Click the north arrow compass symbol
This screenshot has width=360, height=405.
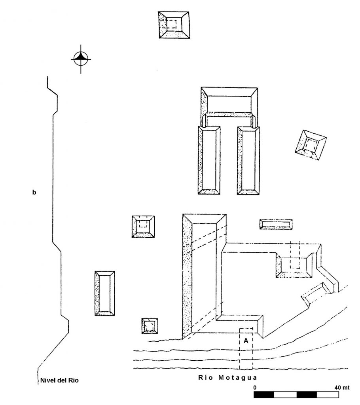[x=81, y=59]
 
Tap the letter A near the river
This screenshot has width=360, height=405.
[x=246, y=341]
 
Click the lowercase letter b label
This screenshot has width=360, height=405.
[x=34, y=192]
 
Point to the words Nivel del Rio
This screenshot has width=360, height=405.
[x=59, y=380]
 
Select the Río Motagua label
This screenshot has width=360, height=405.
[x=228, y=378]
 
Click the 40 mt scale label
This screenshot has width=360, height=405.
[x=342, y=388]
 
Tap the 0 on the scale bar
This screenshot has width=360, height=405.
[x=255, y=388]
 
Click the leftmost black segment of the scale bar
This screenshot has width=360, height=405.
[x=263, y=394]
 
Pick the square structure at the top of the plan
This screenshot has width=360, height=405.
[x=174, y=25]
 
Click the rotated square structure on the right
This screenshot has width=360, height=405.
[x=311, y=145]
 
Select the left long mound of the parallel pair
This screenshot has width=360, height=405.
[x=209, y=160]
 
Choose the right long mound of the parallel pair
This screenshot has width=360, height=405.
[x=248, y=160]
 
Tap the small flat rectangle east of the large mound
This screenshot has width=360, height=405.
[x=276, y=224]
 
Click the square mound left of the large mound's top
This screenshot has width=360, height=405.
[x=143, y=227]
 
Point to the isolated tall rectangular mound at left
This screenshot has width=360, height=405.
[x=105, y=293]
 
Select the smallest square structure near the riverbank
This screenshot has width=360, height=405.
[x=150, y=326]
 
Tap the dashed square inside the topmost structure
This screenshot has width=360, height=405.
[x=171, y=24]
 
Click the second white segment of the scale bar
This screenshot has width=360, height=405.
[x=328, y=394]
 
